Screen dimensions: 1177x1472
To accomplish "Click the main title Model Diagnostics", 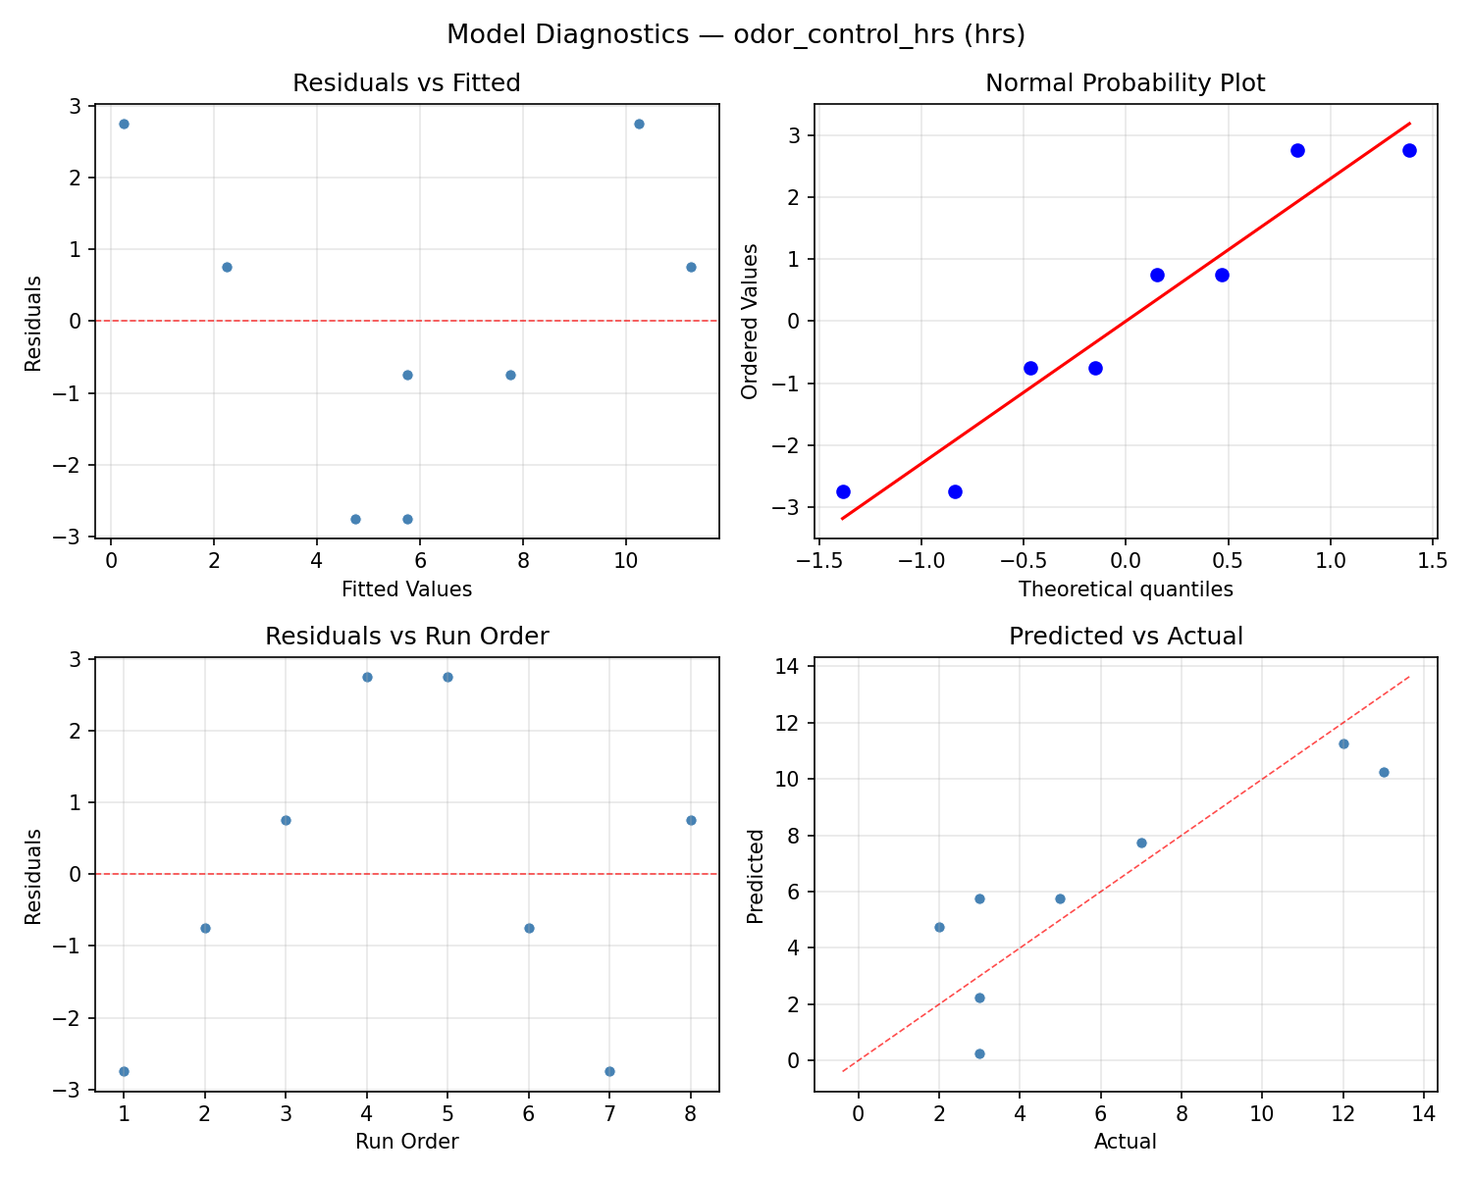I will click(735, 34).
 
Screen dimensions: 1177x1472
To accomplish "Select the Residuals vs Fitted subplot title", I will click(406, 83).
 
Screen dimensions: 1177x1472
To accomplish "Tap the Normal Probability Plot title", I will click(1125, 83).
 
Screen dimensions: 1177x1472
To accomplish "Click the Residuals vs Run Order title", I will click(406, 637).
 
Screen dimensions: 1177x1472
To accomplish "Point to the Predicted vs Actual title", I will click(1125, 637).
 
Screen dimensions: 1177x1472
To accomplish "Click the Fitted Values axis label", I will click(406, 589).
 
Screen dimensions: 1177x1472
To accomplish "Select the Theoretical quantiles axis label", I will click(1125, 589).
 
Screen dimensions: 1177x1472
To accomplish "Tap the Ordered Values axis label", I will click(751, 322).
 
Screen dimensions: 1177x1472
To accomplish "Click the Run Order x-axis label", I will click(406, 1142).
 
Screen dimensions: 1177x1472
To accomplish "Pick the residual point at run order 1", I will click(124, 1071).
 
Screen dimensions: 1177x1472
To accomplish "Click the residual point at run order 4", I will click(367, 677).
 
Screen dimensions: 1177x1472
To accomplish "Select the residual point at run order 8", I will click(691, 820).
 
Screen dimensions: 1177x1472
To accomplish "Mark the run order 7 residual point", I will click(609, 1071).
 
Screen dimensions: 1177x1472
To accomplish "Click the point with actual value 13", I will click(1384, 772).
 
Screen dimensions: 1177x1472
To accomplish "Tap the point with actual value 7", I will click(1141, 843).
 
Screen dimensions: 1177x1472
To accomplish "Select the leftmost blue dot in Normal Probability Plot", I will click(843, 491).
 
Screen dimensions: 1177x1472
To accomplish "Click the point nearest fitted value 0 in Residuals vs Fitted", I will click(124, 124).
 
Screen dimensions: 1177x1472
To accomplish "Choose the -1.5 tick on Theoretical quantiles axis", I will click(816, 561).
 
